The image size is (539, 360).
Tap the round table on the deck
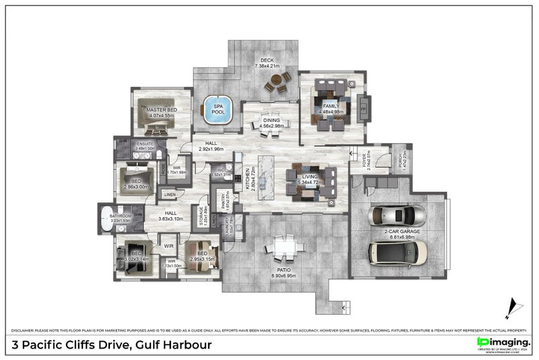pos(276,82)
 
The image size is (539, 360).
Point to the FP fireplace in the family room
pos(364,108)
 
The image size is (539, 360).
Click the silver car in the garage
pos(398,216)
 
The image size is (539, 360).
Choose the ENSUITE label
pos(146,144)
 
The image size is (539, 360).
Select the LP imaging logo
pos(503,344)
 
